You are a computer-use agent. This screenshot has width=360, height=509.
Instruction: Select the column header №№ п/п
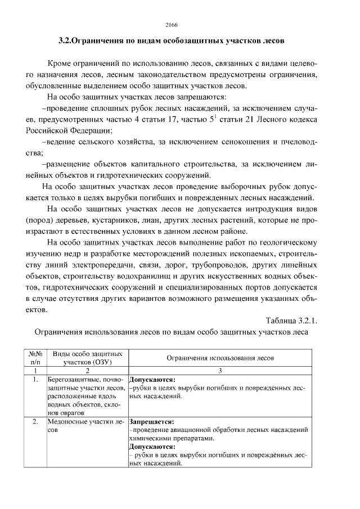35,358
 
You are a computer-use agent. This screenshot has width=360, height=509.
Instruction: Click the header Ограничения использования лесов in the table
220,358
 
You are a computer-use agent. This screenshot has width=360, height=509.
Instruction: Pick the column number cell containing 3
220,371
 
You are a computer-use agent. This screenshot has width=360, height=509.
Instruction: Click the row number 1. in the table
35,380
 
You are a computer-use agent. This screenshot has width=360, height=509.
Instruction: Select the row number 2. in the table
35,421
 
